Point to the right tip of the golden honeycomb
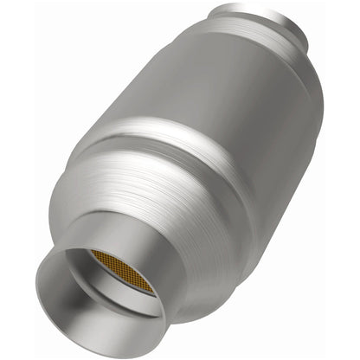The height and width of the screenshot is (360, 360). tap(156, 290)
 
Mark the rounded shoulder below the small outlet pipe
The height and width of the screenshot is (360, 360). tap(260, 35)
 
